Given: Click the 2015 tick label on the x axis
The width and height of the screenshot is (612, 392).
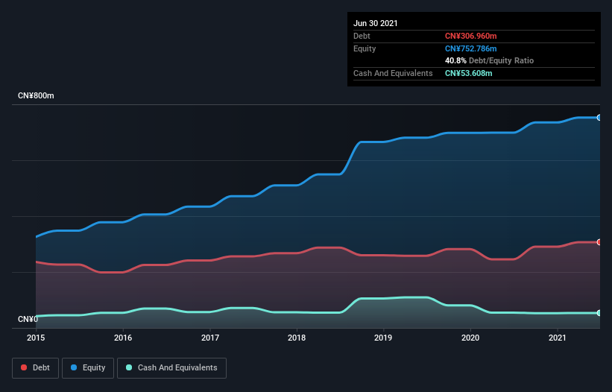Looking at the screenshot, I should coord(36,338).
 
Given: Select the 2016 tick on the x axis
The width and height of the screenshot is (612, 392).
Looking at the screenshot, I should coord(123,338).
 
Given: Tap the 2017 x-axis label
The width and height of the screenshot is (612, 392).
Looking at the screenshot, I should coord(210,338).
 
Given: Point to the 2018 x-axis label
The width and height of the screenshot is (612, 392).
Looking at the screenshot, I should coord(297,338).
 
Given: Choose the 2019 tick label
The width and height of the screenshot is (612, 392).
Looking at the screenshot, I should coord(384,338).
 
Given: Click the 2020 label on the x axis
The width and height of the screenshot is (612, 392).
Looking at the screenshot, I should coord(470,338).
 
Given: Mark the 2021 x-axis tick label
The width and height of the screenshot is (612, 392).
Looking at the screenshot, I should coord(558,338).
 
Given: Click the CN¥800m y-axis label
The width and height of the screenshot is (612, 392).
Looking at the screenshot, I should coord(36,96).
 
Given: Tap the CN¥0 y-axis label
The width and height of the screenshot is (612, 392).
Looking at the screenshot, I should coord(28,320).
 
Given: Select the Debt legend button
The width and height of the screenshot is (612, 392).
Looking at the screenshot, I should coord(34,367).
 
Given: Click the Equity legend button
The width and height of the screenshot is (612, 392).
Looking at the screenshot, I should coord(87,367).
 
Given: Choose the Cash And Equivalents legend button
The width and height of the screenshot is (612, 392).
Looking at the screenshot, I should coord(171,367).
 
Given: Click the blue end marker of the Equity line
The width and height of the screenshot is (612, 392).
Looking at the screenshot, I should coord(599,118).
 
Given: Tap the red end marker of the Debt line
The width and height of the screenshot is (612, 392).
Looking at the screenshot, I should coord(599,242).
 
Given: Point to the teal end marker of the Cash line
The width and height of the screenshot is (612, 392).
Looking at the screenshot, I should coord(599,313).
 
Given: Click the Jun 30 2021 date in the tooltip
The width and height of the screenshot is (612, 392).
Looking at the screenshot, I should coord(376,23).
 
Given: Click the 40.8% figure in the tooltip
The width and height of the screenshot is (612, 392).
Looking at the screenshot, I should coord(455,60).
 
